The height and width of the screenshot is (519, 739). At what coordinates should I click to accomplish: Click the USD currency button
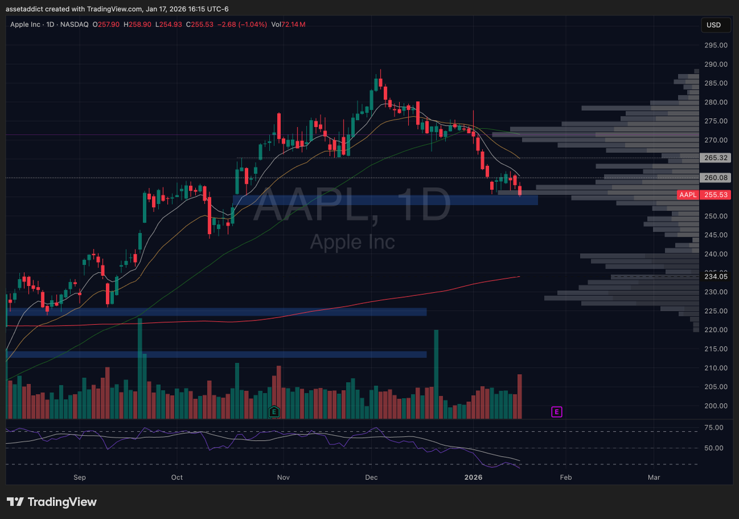click(714, 25)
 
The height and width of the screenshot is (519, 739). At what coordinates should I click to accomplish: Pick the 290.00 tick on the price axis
click(714, 64)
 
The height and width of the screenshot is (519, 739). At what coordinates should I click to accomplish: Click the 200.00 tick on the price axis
click(714, 406)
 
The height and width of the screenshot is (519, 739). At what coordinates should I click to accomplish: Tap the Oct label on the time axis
click(177, 477)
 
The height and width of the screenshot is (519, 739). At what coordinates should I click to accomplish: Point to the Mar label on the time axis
click(654, 477)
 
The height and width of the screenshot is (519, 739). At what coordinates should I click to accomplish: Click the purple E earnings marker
click(557, 411)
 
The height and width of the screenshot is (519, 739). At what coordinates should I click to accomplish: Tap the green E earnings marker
click(275, 411)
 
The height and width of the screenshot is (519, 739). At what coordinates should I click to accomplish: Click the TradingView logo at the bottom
click(52, 502)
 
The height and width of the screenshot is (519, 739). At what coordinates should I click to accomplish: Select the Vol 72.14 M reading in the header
click(293, 24)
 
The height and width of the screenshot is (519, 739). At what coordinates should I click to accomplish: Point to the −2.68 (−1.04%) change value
click(243, 24)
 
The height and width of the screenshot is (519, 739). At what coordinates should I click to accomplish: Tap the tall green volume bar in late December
click(436, 374)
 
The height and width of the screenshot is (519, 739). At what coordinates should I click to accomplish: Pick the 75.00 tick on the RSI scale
click(713, 427)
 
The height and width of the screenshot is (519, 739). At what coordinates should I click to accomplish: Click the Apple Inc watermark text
click(352, 241)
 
